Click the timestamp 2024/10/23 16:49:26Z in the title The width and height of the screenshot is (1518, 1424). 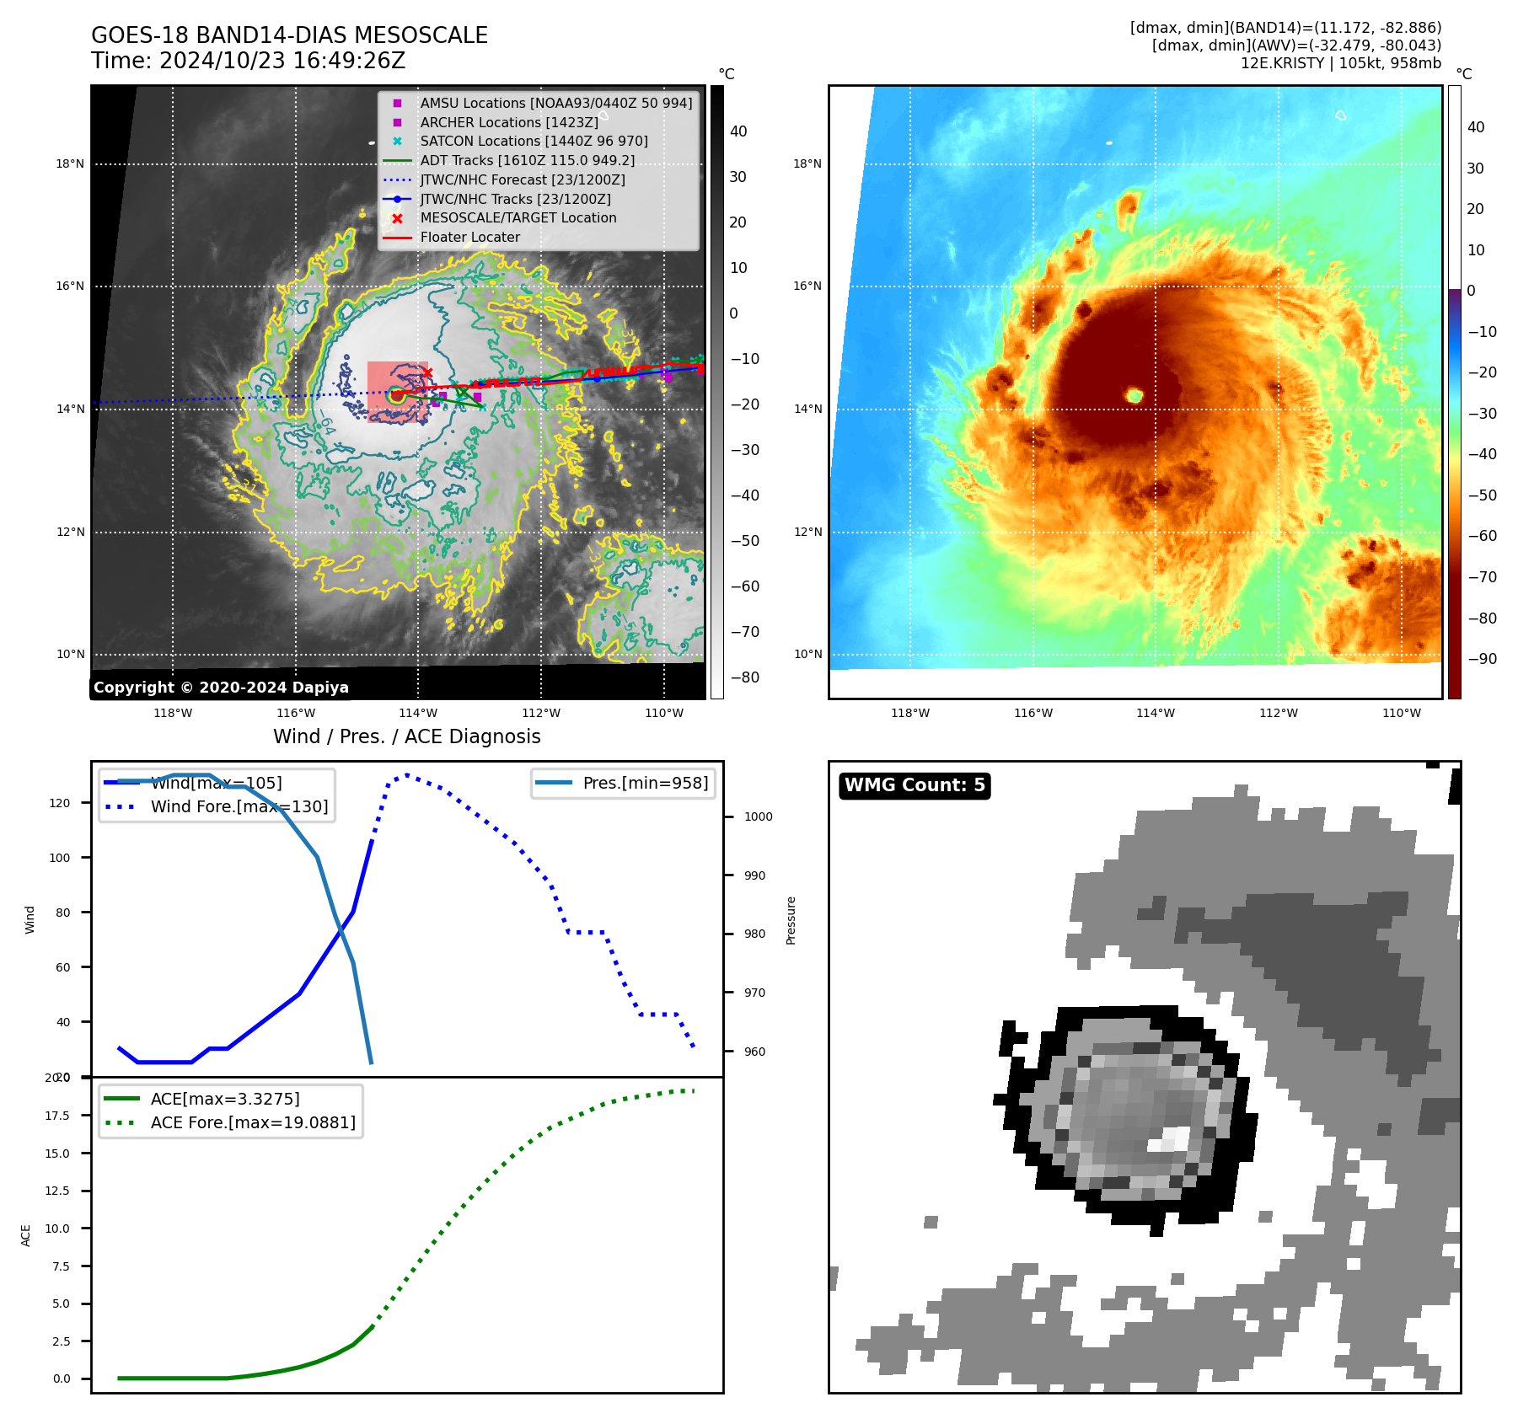282,62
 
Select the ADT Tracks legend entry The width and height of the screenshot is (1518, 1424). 527,160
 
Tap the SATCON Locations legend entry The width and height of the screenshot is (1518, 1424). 534,141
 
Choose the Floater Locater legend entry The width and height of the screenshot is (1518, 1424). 469,237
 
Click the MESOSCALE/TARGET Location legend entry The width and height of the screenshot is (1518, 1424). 518,217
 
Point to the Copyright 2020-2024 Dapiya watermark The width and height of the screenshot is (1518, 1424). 221,688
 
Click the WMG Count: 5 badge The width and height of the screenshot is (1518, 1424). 915,785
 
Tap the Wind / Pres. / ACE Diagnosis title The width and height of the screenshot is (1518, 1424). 406,736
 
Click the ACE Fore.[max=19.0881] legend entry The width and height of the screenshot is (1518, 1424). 252,1122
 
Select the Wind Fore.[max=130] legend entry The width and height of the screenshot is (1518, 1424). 239,806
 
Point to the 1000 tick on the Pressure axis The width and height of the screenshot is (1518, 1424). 758,816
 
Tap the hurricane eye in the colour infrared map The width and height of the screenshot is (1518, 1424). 1134,395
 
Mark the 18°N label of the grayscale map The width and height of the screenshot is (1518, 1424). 70,163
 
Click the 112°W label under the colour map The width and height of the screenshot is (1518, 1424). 1278,713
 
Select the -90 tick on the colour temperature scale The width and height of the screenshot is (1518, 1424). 1482,659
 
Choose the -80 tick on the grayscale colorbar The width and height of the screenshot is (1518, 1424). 744,677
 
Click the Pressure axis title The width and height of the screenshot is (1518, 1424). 791,920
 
